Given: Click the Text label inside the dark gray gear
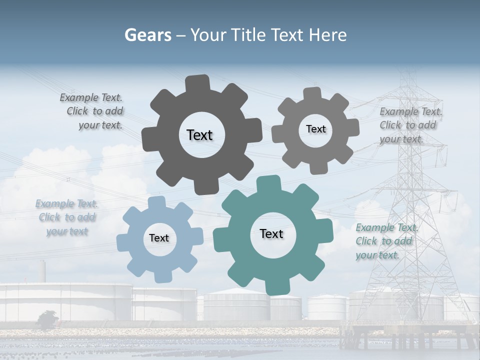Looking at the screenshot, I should [199, 135].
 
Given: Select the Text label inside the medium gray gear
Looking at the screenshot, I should [315, 129].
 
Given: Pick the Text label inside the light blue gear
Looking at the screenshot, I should [159, 238].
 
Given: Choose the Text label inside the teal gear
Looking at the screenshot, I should [271, 233].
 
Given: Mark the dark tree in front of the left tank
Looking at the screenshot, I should [48, 320].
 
